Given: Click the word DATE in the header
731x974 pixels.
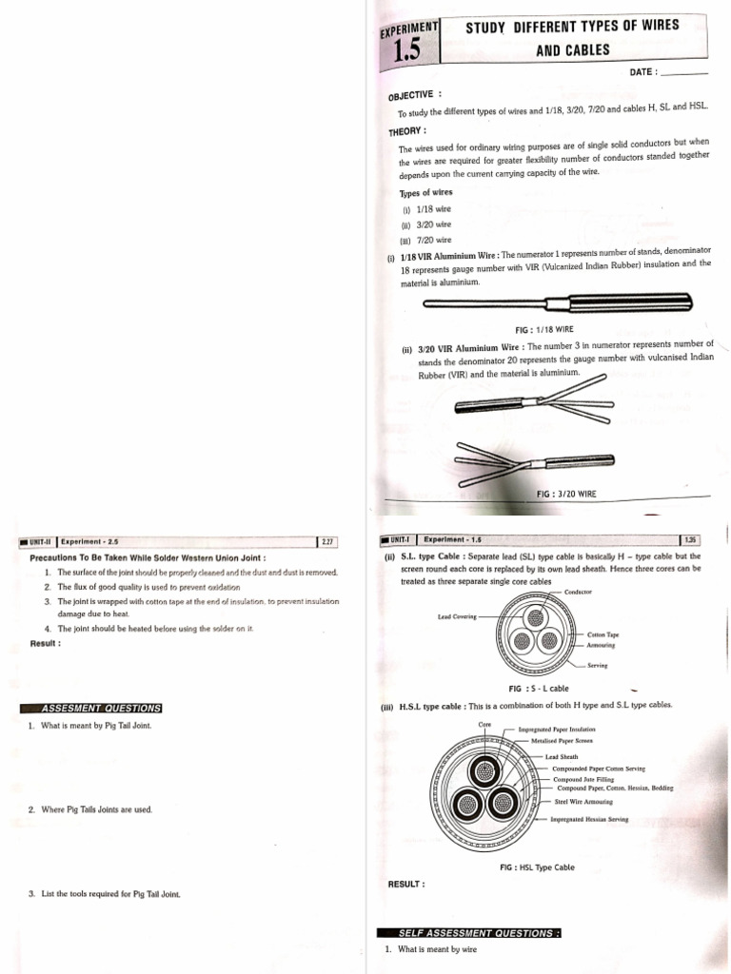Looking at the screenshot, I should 643,72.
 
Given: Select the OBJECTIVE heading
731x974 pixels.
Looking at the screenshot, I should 415,95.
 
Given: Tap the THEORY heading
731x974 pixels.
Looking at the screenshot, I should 407,130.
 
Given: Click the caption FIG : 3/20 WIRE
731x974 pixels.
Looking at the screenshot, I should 566,494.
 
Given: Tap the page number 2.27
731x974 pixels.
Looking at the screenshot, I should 327,541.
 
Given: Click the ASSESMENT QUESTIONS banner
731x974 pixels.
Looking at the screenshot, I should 95,708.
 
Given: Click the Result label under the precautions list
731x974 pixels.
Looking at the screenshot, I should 46,643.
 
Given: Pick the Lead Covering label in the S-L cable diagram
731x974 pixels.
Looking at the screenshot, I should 457,616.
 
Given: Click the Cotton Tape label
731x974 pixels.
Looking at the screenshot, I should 603,634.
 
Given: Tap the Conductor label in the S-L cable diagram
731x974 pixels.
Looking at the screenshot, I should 578,592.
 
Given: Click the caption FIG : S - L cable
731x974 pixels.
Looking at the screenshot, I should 539,688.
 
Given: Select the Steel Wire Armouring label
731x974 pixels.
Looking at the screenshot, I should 585,802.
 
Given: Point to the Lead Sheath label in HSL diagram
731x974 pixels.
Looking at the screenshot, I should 562,757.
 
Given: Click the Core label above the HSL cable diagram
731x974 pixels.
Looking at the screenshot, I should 484,724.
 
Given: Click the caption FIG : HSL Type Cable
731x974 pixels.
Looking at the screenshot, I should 537,867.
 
